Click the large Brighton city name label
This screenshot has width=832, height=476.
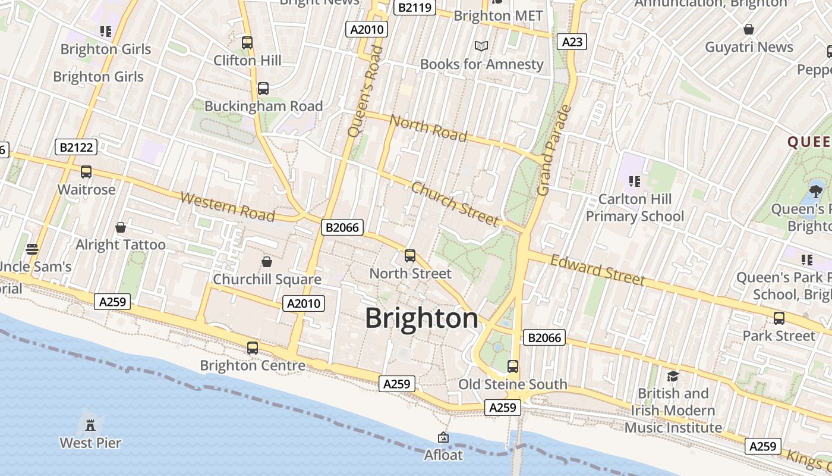coord(421,318)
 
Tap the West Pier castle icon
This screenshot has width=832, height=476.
coord(90,425)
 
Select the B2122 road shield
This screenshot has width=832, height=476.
coord(76,147)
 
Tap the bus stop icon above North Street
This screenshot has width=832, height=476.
coord(410,256)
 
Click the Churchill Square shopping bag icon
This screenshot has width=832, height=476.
coord(267,262)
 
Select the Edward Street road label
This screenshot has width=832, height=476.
coord(597,270)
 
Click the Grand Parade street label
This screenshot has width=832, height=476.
coord(554,150)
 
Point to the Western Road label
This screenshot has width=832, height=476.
coord(228,206)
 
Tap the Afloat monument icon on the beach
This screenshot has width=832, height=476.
coord(443,438)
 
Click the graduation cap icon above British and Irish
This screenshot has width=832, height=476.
coord(673,376)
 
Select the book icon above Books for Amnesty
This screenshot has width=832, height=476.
coord(481,46)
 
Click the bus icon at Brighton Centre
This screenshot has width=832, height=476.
coord(253,347)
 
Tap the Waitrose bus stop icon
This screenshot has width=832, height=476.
coord(86,172)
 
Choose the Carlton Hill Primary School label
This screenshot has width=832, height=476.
coord(635,207)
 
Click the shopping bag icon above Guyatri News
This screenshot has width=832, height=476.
coord(749,29)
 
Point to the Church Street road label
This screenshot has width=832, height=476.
coord(455,204)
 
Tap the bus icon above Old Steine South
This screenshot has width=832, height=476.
coord(513,366)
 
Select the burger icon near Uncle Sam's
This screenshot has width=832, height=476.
coord(32,249)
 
